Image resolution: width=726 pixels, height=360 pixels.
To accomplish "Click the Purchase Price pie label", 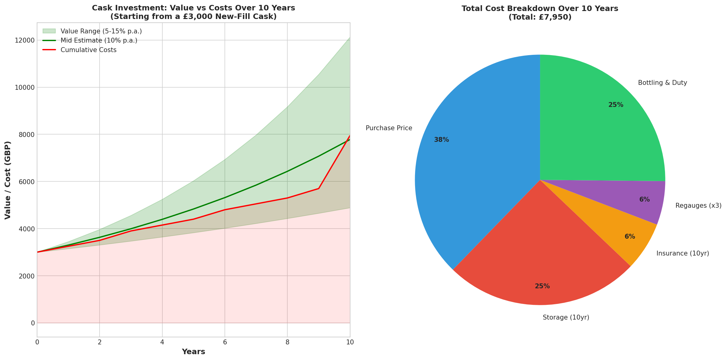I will tap(389, 128).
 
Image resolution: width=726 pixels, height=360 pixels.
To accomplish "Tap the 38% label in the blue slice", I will tap(441, 140).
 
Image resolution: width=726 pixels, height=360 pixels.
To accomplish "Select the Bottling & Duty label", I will tap(662, 83).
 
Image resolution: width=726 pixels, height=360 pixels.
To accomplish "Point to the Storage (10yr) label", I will tap(566, 317).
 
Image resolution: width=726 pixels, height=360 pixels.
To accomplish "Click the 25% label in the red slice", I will tap(542, 286).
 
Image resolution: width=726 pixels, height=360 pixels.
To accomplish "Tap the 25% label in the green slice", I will tap(616, 105).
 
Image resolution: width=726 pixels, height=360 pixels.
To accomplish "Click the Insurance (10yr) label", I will tap(683, 253).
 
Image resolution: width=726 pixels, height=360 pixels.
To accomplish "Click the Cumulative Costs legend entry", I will tap(88, 50).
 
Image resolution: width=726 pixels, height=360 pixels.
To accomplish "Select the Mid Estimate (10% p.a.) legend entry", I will tap(99, 40).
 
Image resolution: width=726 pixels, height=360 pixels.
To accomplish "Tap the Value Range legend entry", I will tap(101, 31).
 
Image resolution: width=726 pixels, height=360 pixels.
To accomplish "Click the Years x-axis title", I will tap(193, 352).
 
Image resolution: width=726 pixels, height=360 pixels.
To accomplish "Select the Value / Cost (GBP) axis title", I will tap(8, 180).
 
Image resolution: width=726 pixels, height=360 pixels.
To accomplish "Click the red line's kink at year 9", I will tap(319, 188).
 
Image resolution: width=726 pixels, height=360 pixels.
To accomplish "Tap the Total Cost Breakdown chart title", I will tap(540, 13).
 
